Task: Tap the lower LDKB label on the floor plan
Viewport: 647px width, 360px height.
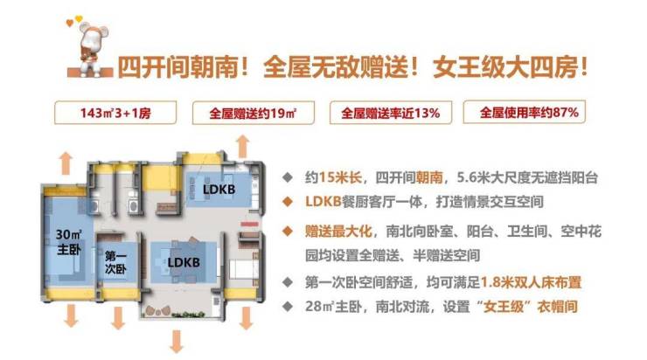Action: pos(184,262)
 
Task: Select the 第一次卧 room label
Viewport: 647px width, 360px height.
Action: pos(116,262)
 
